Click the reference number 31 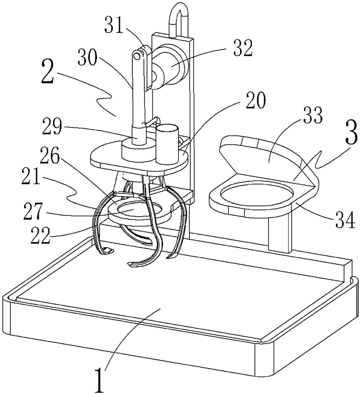[114, 25]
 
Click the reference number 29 [52, 127]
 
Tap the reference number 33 [312, 115]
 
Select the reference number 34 [345, 220]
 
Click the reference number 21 [31, 178]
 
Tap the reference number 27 [33, 212]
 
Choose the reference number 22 [40, 235]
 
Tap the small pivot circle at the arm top [137, 56]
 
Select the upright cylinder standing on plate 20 [167, 145]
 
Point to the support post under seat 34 [280, 234]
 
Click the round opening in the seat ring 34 [257, 194]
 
